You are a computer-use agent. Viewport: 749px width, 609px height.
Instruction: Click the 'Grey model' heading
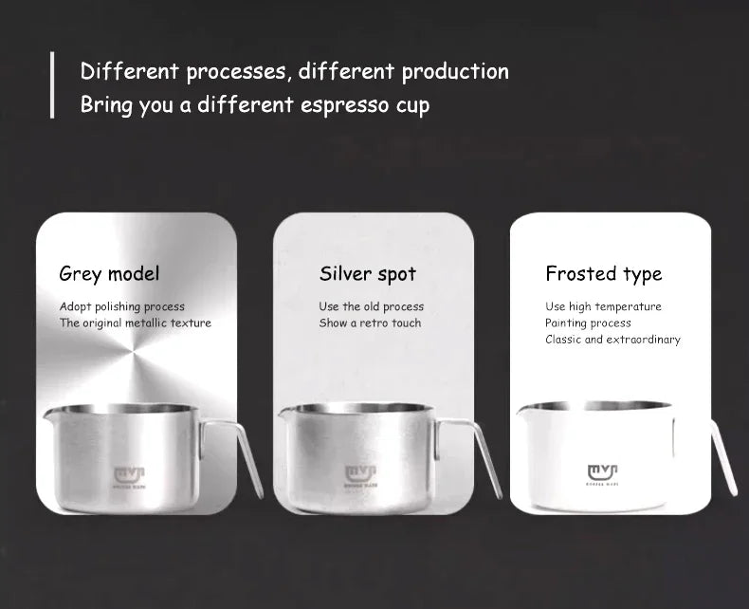pos(109,274)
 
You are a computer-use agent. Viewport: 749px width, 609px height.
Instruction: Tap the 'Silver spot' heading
pos(368,274)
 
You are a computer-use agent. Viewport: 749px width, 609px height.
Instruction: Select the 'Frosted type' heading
pos(603,274)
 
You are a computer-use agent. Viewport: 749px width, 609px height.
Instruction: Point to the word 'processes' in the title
pos(230,71)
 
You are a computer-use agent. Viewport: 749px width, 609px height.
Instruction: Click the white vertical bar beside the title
pos(52,85)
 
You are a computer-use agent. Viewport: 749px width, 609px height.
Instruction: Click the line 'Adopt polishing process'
pos(122,306)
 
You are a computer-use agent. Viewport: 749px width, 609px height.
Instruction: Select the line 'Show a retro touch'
pos(370,323)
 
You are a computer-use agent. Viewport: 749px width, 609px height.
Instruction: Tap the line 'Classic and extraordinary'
pos(612,340)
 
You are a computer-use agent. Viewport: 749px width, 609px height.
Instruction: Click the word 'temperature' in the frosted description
pos(628,306)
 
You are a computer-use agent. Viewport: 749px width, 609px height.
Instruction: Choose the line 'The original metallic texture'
pos(136,323)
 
